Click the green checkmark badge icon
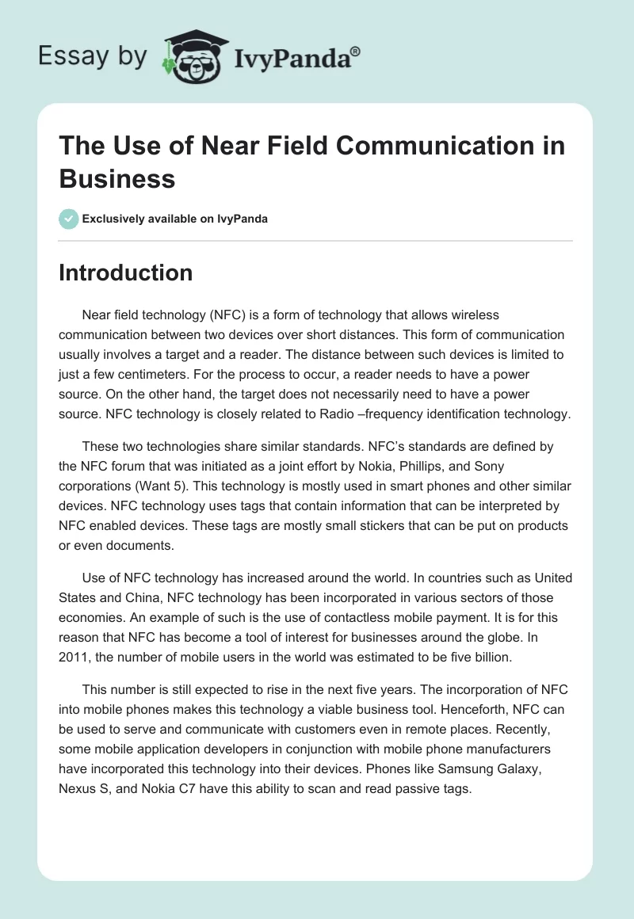(68, 219)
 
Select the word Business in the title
(116, 178)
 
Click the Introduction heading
(125, 273)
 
